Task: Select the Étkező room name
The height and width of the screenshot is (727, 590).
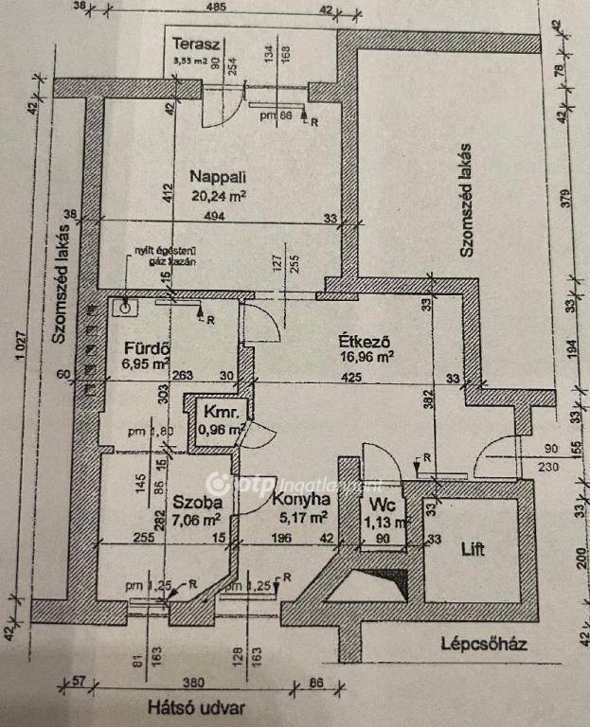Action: (366, 340)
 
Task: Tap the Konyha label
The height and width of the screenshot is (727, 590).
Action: (299, 502)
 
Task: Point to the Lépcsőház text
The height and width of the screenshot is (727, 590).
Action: (483, 644)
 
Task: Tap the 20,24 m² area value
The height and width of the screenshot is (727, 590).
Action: (219, 197)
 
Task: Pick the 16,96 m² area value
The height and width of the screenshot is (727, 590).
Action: (366, 357)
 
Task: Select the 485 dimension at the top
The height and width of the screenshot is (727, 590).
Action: (216, 8)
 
